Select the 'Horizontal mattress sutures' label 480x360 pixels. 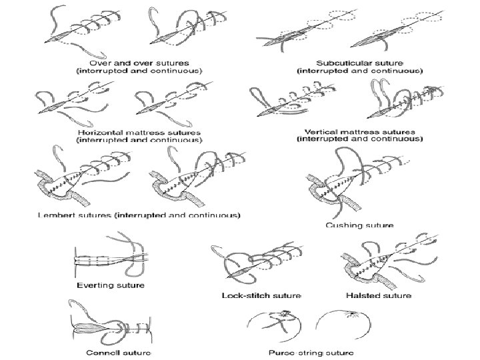click(x=139, y=133)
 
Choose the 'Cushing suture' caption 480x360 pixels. click(x=359, y=225)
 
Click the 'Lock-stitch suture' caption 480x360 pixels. click(x=261, y=295)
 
